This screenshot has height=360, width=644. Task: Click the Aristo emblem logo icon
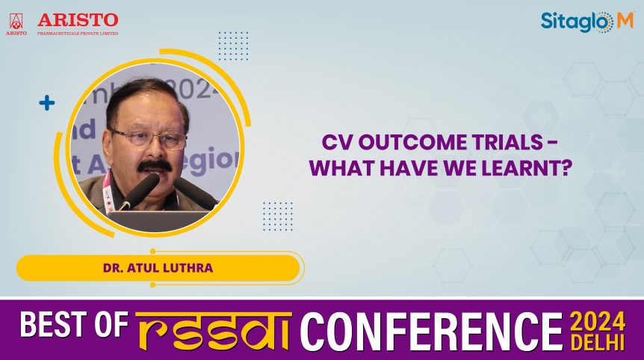[16, 22]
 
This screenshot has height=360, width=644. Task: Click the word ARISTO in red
[77, 19]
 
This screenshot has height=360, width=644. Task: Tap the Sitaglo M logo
[586, 22]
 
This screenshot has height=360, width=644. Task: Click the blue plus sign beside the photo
[47, 103]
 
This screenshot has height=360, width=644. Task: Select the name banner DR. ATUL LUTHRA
[158, 267]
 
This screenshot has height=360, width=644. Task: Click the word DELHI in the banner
[598, 341]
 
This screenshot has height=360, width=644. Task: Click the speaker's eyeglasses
[149, 138]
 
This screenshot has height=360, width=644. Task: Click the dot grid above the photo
[233, 46]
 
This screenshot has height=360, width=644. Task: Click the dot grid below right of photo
[277, 216]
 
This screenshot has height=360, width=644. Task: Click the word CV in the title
[335, 143]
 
